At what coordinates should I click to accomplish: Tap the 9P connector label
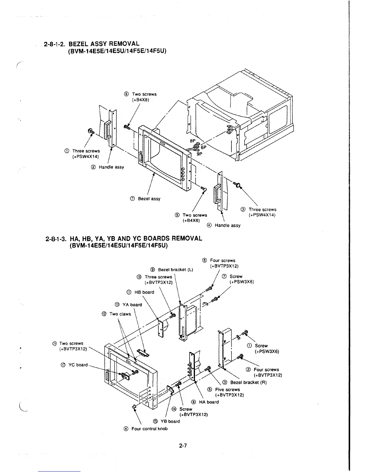tap(199, 154)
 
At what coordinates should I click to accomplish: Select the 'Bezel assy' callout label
tap(149, 199)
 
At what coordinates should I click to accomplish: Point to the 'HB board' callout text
tap(144, 292)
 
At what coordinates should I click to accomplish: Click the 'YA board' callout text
tap(132, 305)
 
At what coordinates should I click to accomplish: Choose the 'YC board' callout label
tap(78, 365)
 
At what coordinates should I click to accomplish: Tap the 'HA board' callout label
tap(209, 402)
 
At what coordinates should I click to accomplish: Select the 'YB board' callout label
tap(170, 421)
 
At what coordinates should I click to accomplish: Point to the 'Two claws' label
tap(120, 314)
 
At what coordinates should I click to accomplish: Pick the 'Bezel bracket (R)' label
tap(248, 382)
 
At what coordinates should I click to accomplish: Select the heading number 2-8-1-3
tap(56, 238)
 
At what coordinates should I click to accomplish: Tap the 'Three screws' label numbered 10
tap(158, 277)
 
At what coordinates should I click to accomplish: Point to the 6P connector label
tap(204, 148)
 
